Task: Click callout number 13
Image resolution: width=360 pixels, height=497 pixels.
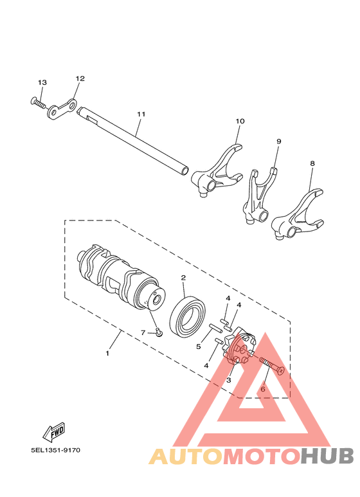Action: coord(42,83)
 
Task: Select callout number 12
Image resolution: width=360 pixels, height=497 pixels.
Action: coord(80,78)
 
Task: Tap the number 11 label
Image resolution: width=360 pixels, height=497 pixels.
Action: coord(141,114)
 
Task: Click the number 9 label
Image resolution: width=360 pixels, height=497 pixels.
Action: coord(279,141)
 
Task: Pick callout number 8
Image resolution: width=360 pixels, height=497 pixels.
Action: coord(312,164)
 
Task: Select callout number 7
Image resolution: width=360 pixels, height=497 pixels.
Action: coord(143,332)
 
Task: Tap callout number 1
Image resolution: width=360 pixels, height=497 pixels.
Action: coord(107,353)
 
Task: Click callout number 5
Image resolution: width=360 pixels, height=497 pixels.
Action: coord(199,346)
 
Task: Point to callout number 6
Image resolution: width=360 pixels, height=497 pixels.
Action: coord(262,389)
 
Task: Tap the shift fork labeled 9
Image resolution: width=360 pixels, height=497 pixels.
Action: coord(260,196)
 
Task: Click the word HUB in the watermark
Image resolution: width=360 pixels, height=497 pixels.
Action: coord(327,456)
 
